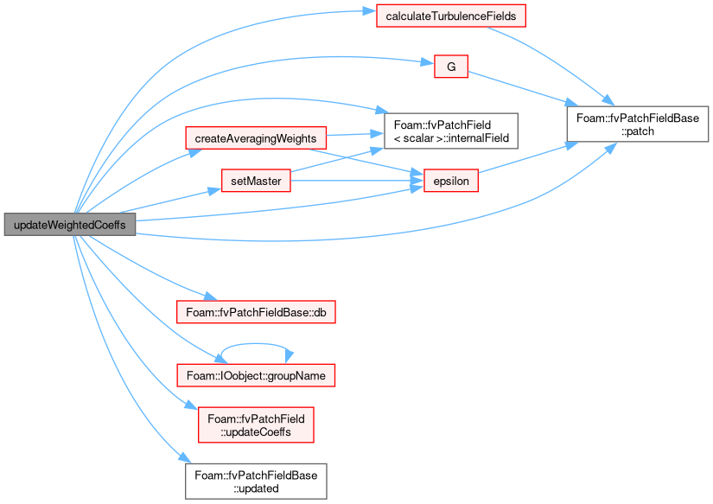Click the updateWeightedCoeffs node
tap(70, 224)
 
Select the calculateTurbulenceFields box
tap(451, 16)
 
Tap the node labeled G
tap(451, 67)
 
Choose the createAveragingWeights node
tap(256, 137)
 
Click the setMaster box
tap(256, 181)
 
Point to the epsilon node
tap(451, 181)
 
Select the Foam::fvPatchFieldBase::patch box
tap(638, 124)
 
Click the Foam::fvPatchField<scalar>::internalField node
tap(451, 131)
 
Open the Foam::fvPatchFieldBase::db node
tap(256, 312)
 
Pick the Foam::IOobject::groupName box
tap(256, 375)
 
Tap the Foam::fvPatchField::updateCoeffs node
tap(256, 424)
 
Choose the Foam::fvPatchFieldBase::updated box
tap(256, 482)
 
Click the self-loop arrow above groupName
tap(256, 344)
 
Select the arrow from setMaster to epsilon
tap(358, 181)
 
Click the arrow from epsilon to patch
tap(527, 158)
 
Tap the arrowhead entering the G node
tap(428, 62)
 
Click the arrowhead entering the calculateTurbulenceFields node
tap(369, 11)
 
